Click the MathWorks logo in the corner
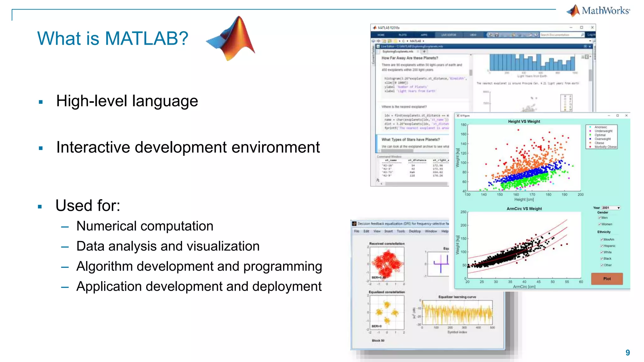point(598,11)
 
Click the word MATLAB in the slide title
point(146,38)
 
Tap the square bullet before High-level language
point(41,102)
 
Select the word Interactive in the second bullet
point(93,147)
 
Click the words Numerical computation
point(145,226)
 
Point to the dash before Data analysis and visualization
point(65,247)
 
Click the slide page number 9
point(628,353)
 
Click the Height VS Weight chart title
point(524,121)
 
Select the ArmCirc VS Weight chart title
point(524,209)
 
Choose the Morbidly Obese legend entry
point(605,147)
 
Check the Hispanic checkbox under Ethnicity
point(602,246)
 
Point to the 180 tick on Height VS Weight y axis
point(464,125)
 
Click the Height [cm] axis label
point(524,199)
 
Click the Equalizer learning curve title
point(457,297)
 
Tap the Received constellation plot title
point(387,244)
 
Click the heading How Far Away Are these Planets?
point(409,58)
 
